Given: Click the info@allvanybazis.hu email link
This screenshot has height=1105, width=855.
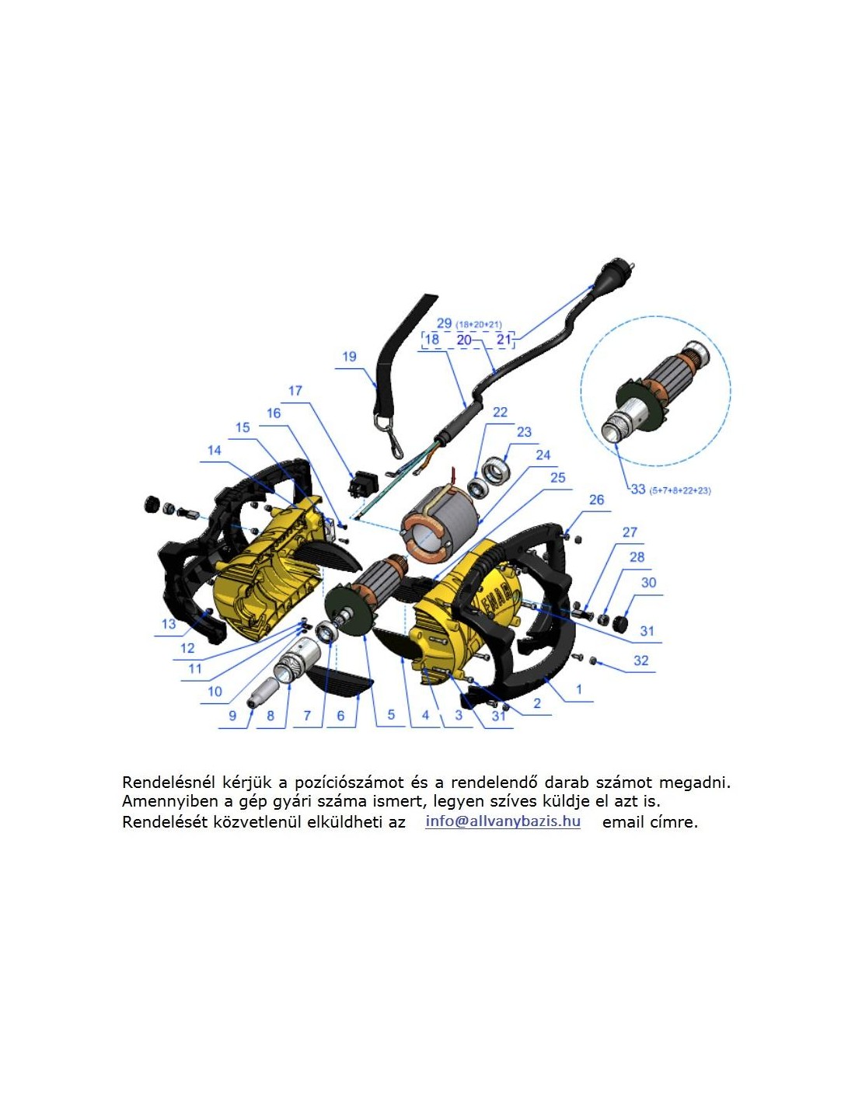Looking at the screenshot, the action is pyautogui.click(x=503, y=821).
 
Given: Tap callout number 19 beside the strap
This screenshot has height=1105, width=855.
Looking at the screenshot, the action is pyautogui.click(x=350, y=357).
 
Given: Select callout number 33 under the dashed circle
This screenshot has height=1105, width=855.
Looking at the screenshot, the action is pyautogui.click(x=638, y=490).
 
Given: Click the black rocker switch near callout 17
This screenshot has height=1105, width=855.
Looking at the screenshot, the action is pyautogui.click(x=361, y=483).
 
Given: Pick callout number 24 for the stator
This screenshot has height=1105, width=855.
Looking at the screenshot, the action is pyautogui.click(x=543, y=455).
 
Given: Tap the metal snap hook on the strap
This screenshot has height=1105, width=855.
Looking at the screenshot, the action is pyautogui.click(x=389, y=436).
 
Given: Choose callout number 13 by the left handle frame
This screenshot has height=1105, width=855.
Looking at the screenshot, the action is pyautogui.click(x=169, y=624).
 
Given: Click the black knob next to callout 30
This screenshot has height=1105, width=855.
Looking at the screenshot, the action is pyautogui.click(x=619, y=623).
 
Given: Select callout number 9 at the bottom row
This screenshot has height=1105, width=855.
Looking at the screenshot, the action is pyautogui.click(x=232, y=716).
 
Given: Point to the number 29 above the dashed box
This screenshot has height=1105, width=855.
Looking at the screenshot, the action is pyautogui.click(x=444, y=323).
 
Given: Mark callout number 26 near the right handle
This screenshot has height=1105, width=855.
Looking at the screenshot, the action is pyautogui.click(x=597, y=500).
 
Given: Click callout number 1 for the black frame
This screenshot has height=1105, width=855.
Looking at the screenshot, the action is pyautogui.click(x=578, y=689).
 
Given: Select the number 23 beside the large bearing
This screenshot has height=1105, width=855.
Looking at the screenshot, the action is pyautogui.click(x=524, y=432).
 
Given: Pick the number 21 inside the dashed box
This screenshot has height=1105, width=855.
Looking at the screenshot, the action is pyautogui.click(x=504, y=339).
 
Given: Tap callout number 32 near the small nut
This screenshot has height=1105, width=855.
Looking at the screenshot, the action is pyautogui.click(x=641, y=660).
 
